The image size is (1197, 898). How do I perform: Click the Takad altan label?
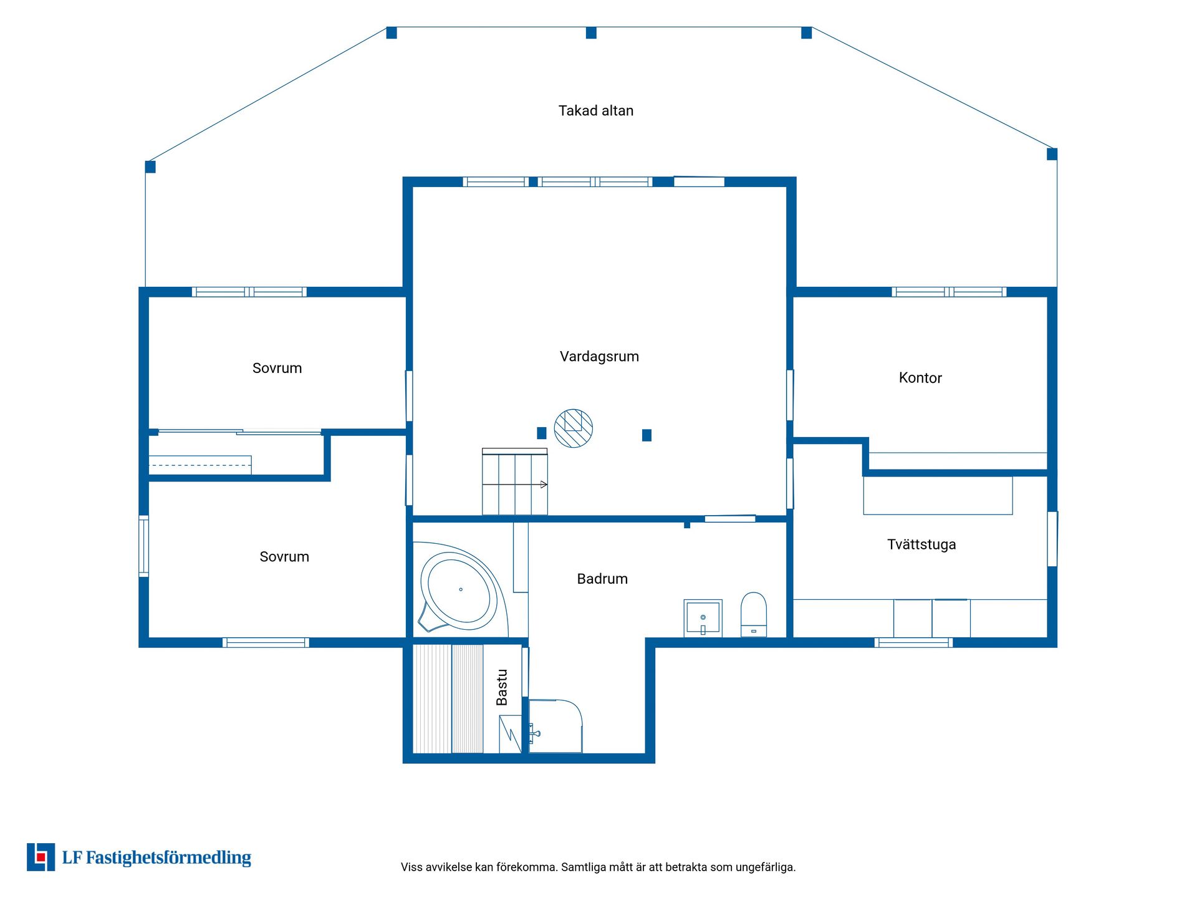pos(595,111)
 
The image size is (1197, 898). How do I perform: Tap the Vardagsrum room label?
pos(599,357)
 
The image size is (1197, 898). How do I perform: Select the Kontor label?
pos(920,378)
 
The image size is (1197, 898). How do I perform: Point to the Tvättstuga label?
pos(921,544)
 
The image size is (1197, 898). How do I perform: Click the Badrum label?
pos(602,579)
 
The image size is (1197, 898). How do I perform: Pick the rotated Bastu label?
pos(502,687)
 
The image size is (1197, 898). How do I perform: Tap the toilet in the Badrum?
pos(754,614)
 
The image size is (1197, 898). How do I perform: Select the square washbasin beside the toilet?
pos(703,617)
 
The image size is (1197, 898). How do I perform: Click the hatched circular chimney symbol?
pos(574,428)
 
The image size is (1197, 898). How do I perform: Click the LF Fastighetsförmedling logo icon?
pos(41,857)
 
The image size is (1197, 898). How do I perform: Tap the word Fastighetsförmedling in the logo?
pos(168,858)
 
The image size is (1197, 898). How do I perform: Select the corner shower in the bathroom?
pos(555,726)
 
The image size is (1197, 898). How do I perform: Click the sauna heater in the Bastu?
pos(510,734)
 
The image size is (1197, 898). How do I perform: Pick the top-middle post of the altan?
pos(591,33)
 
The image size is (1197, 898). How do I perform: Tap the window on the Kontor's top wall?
pos(949,292)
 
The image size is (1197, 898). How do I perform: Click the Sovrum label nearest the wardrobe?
pos(277,369)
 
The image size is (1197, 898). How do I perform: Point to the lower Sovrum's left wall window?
pos(144,546)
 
